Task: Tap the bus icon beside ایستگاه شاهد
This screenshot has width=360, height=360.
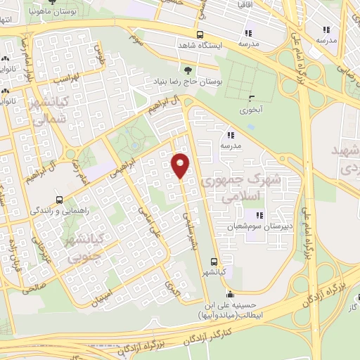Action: point(200,34)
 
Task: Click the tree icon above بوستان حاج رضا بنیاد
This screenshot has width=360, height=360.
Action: point(187,70)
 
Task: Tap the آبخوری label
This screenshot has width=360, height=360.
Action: point(251,110)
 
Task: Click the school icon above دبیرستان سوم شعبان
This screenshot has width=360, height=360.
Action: point(259,215)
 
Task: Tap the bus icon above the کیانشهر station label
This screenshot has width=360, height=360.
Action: point(213,262)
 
